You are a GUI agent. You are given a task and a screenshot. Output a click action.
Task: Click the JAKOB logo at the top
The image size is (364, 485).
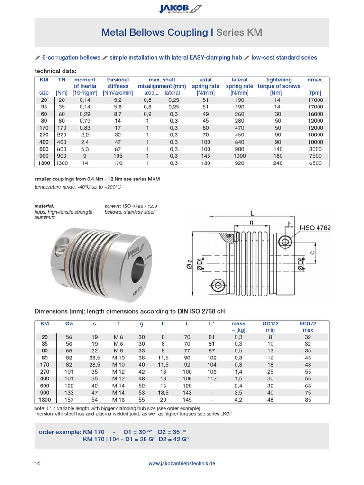coord(182,8)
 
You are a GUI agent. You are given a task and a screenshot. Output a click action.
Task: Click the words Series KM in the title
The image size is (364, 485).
coord(239,32)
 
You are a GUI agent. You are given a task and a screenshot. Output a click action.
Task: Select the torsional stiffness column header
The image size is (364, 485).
coord(118,83)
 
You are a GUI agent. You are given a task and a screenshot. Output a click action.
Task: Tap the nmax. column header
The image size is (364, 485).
coord(315,80)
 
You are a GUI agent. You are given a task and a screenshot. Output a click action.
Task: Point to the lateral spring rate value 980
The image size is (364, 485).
coord(239,149)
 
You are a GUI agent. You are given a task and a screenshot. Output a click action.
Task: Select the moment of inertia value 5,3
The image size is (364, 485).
coord(85,149)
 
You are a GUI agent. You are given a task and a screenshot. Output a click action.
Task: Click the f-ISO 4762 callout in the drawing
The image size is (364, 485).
coord(311,228)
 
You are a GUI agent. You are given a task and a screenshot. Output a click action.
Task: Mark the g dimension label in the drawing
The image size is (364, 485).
coord(251,222)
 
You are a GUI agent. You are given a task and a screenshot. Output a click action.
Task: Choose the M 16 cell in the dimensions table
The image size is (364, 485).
coord(118,400)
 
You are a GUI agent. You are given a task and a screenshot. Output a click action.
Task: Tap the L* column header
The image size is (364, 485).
coord(212,323)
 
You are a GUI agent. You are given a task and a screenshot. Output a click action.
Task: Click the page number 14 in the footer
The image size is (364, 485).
coord(37,464)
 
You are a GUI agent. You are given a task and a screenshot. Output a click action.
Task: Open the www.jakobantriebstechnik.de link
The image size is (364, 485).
coord(182,464)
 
